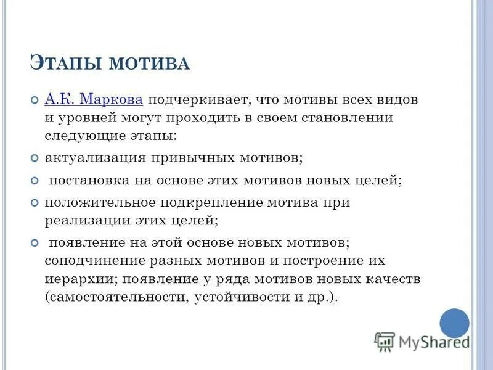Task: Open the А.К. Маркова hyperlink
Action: pos(94,99)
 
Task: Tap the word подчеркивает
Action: pos(198,99)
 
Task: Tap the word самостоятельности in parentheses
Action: pos(115,297)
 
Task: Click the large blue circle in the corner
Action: pos(455,323)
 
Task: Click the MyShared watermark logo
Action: pos(422,342)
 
